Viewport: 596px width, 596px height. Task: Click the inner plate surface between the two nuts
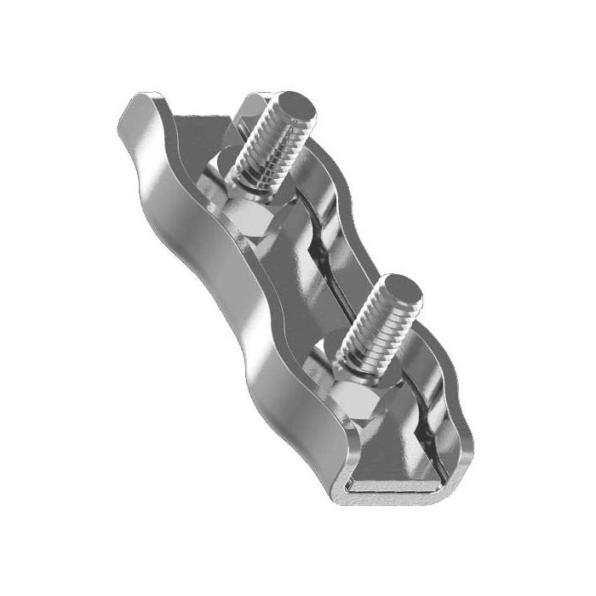tap(294, 289)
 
